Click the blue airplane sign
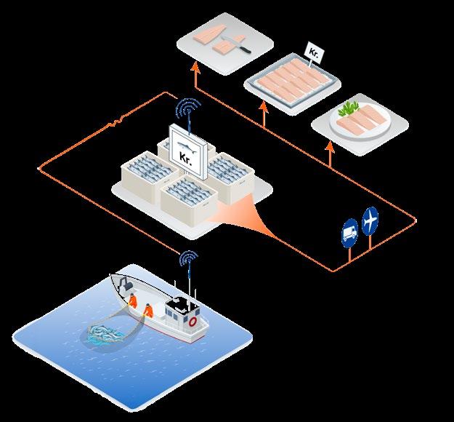[371, 218]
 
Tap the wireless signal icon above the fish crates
[188, 108]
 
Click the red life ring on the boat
[192, 320]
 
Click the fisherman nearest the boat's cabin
[148, 311]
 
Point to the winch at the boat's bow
[121, 283]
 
